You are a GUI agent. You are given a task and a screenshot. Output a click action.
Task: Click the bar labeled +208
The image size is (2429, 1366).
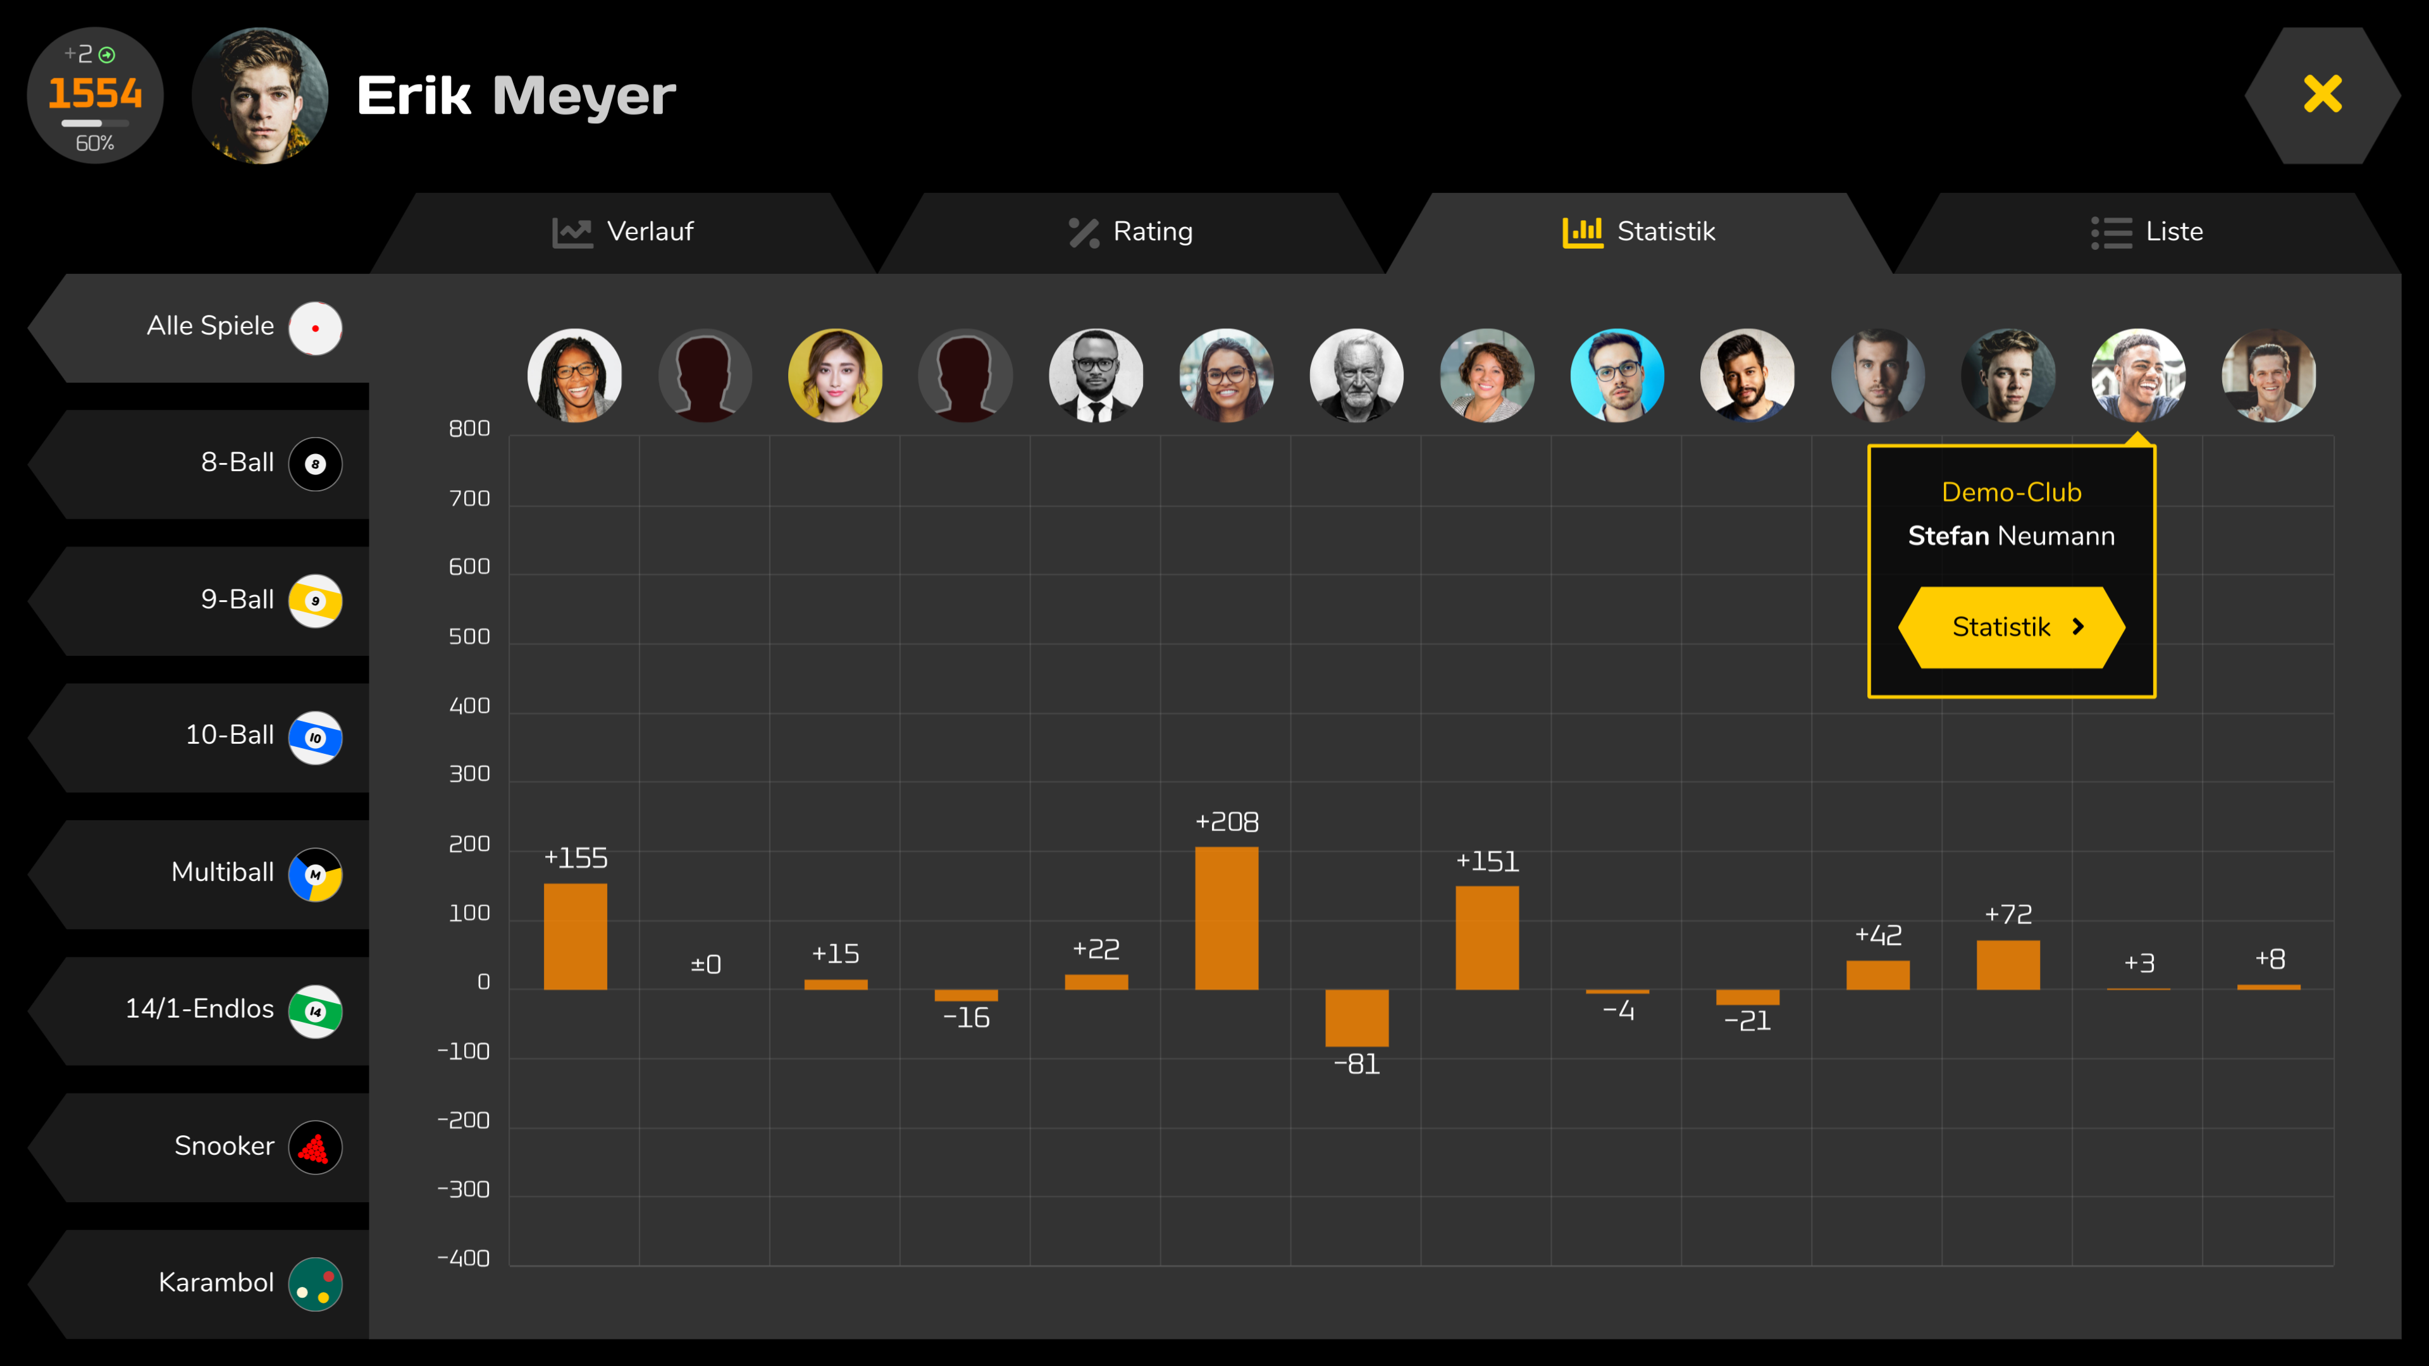point(1226,918)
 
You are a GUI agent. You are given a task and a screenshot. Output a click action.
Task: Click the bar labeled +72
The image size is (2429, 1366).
point(2008,964)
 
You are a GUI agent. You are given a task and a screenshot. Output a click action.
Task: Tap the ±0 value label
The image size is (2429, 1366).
point(705,964)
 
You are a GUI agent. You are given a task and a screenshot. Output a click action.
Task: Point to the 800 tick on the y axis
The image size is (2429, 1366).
point(469,429)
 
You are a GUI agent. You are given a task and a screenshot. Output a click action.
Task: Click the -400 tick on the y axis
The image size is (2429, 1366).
point(463,1258)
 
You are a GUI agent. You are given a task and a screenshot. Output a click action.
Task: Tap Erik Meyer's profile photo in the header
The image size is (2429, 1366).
point(260,95)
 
